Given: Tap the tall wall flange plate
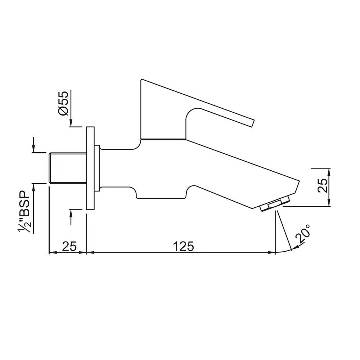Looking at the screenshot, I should coord(90,168).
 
